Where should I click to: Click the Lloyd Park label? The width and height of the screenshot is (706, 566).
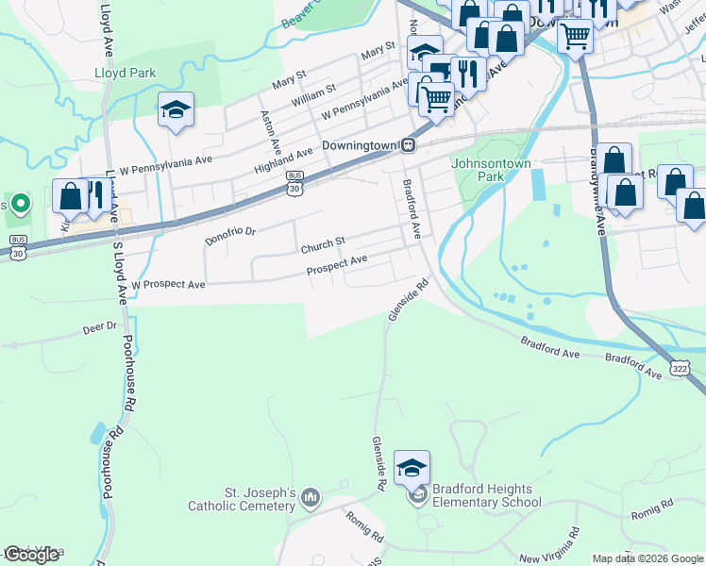tap(125, 72)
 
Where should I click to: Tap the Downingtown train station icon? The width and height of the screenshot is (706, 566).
tap(409, 145)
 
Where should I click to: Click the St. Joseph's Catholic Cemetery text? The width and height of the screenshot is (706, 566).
tap(260, 500)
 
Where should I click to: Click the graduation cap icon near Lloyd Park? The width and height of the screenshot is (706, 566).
tap(176, 110)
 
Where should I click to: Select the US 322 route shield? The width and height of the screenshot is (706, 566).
tap(680, 365)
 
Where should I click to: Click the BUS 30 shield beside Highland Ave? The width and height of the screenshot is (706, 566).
tap(295, 183)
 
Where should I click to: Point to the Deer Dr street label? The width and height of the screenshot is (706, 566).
tap(99, 328)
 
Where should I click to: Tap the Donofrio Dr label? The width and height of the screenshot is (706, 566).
tap(230, 233)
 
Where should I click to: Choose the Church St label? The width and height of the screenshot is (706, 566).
tap(324, 246)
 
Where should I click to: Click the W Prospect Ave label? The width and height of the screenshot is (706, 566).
tap(168, 283)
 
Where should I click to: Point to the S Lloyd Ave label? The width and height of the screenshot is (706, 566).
tap(119, 270)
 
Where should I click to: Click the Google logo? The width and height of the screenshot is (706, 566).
tap(31, 555)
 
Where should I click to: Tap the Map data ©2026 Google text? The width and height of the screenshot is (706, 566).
tap(647, 558)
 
